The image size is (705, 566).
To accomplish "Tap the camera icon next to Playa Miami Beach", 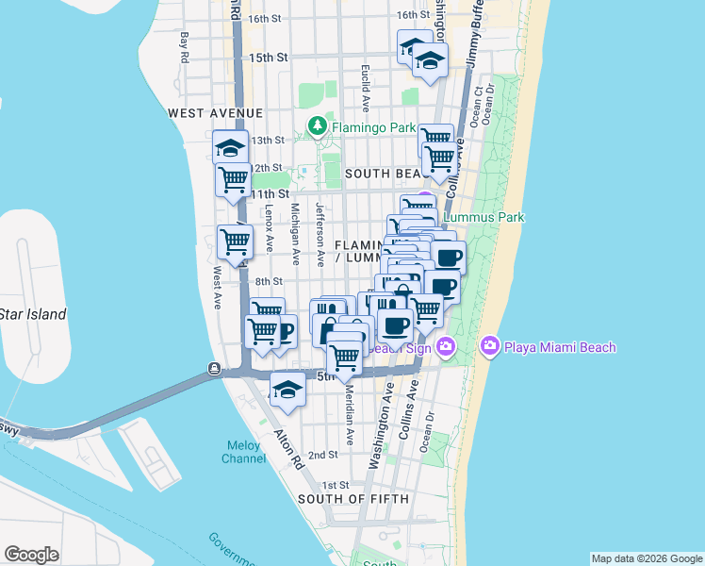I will (490, 346).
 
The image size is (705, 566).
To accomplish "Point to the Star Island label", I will (32, 314).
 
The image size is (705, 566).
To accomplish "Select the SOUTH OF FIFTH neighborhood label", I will (353, 498).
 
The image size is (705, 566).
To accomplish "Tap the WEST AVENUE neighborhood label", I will (215, 113).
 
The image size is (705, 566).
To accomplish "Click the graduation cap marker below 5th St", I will (287, 389).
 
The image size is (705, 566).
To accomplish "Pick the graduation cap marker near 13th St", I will (230, 147).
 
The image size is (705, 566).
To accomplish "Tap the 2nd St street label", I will (323, 455).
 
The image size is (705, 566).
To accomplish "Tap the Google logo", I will (31, 555).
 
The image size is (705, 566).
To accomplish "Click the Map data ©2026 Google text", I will (647, 558).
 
